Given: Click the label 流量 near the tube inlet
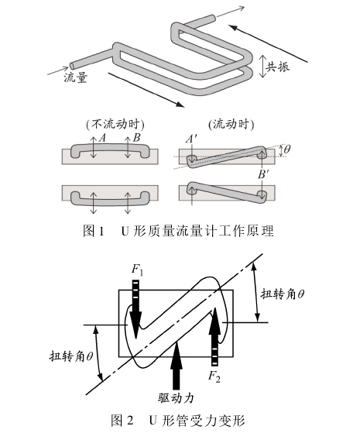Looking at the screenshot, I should click(x=75, y=79).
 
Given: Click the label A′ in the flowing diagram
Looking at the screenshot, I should click(x=191, y=138).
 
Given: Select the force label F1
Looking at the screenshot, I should click(x=137, y=269).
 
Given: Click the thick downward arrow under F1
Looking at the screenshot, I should click(x=136, y=309).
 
